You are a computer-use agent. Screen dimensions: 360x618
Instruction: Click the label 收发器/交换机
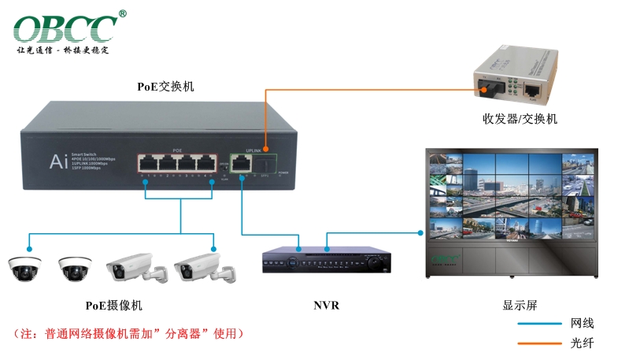520,119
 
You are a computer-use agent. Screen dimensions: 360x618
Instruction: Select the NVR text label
326,305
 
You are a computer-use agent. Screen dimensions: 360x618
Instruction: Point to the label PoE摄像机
114,305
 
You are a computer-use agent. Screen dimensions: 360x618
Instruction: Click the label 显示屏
520,305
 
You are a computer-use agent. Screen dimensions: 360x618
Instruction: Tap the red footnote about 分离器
130,333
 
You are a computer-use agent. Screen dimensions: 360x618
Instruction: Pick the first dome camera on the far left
25,269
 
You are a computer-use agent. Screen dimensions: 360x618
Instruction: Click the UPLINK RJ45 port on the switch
242,162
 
